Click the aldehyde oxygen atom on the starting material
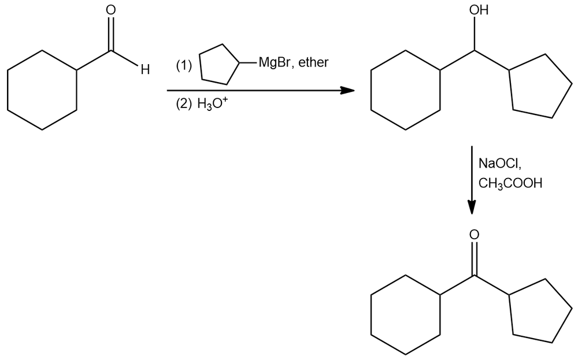pos(110,10)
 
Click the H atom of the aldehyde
pos(145,69)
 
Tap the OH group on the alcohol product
pos(479,10)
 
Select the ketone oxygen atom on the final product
pos(475,235)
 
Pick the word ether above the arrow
pos(313,62)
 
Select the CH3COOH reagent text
pos(510,183)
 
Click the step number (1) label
pos(184,66)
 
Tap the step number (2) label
pos(184,104)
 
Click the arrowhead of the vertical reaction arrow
pos(472,207)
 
